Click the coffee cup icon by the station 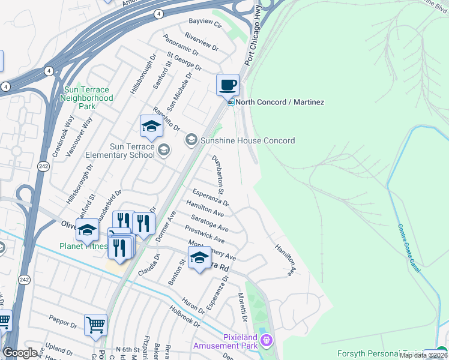(x=228, y=85)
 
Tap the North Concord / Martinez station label (x=279, y=103)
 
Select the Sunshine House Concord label (x=247, y=140)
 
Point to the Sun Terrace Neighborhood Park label (x=88, y=98)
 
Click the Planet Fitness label (x=83, y=246)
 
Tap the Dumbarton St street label (x=218, y=175)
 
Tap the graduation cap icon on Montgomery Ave (x=199, y=258)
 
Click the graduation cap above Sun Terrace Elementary (x=151, y=127)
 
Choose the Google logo (x=20, y=353)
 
